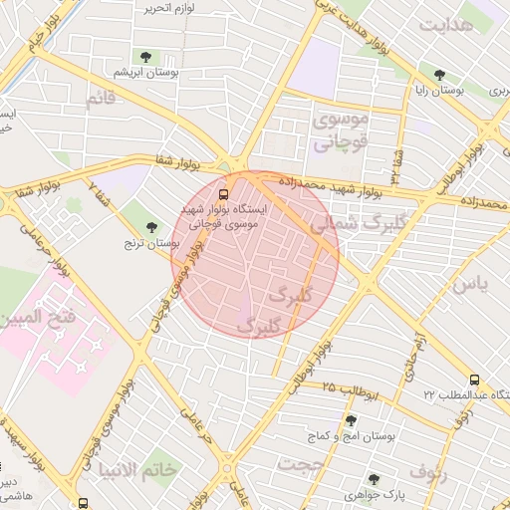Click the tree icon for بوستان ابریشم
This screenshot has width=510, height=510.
pyautogui.click(x=147, y=57)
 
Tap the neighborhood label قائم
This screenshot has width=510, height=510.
pyautogui.click(x=101, y=100)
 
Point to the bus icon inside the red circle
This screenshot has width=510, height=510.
pyautogui.click(x=222, y=193)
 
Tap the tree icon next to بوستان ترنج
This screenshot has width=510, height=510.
pyautogui.click(x=151, y=227)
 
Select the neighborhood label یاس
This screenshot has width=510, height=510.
pyautogui.click(x=471, y=285)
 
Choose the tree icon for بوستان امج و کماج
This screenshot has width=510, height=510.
pyautogui.click(x=350, y=420)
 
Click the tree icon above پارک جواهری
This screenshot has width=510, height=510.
pyautogui.click(x=375, y=478)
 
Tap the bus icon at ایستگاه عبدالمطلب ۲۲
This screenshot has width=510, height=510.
pyautogui.click(x=475, y=380)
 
